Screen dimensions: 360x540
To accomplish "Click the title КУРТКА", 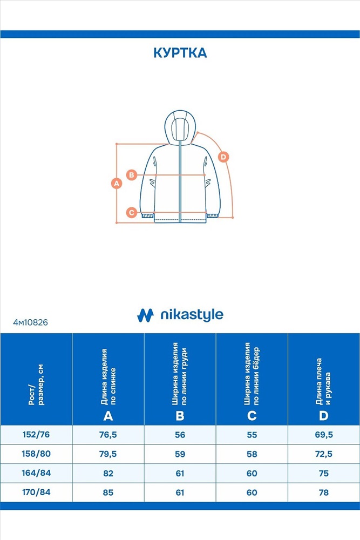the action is pyautogui.click(x=180, y=53).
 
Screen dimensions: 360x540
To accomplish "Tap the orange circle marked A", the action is pyautogui.click(x=117, y=183).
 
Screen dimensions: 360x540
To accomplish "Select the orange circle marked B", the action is pyautogui.click(x=132, y=175).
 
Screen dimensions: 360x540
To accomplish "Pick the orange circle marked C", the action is pyautogui.click(x=132, y=212).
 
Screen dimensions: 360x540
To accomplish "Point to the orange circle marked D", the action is pyautogui.click(x=223, y=157).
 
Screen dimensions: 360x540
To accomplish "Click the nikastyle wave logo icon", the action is pyautogui.click(x=145, y=315).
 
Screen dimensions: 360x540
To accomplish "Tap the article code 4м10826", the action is pyautogui.click(x=31, y=322).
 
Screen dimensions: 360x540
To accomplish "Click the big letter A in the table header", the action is pyautogui.click(x=108, y=416).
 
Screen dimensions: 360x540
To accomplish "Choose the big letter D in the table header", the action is pyautogui.click(x=323, y=416).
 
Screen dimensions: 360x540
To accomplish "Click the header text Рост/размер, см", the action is pyautogui.click(x=36, y=384).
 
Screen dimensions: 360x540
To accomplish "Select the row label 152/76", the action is pyautogui.click(x=36, y=435).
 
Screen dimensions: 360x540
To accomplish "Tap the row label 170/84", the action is pyautogui.click(x=36, y=492).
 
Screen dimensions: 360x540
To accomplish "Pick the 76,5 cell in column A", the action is pyautogui.click(x=108, y=435).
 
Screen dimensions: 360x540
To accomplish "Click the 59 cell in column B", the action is pyautogui.click(x=180, y=454).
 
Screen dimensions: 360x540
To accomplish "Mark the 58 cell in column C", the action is pyautogui.click(x=252, y=454).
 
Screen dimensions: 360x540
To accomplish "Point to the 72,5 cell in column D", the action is pyautogui.click(x=324, y=454).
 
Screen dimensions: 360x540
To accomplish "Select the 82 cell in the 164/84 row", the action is pyautogui.click(x=108, y=474).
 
